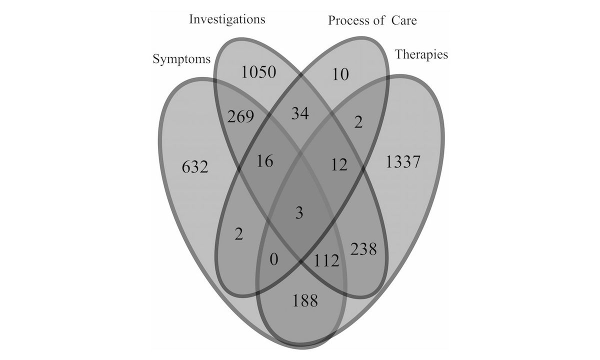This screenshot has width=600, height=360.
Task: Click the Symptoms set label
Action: coord(181,59)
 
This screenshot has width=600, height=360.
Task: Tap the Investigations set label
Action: coord(227,20)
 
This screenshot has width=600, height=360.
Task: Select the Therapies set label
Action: coord(421,54)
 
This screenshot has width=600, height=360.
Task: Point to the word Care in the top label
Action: coord(403,20)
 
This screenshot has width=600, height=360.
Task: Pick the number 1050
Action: coord(258,72)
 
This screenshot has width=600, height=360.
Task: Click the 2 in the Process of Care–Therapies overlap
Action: coord(357,122)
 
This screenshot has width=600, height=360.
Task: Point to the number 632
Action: coord(194,166)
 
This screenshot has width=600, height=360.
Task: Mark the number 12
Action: coord(339,164)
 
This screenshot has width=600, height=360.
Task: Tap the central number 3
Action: coord(299,212)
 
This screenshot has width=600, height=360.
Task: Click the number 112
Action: coord(327,260)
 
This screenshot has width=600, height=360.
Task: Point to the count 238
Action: coord(363,248)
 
